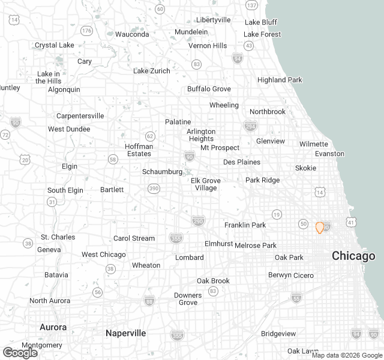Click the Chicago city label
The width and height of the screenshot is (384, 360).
pos(354,256)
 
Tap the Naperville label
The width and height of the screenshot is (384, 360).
pos(126,333)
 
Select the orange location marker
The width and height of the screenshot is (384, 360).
pos(320,227)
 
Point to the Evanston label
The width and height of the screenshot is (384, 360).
pos(330,154)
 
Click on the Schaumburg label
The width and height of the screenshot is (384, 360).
pos(162,172)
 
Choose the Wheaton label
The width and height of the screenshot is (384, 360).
pos(146,265)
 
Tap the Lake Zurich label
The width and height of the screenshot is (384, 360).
pos(151,71)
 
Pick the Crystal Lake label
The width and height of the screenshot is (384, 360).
pos(54,45)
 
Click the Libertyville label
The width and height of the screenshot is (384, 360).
pos(213,20)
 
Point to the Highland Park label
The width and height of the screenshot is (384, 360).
pos(280,80)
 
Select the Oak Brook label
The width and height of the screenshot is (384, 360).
pos(213,281)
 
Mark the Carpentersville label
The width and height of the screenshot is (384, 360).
pos(80,116)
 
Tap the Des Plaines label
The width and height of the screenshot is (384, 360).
pos(242,162)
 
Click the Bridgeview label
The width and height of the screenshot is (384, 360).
pos(278,333)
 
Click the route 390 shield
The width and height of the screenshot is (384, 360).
pos(154,189)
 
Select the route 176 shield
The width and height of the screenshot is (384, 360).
pos(87,31)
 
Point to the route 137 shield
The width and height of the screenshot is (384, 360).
pos(252,5)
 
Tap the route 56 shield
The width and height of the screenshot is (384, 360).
pos(98,292)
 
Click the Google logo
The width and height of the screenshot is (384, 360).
pos(20,352)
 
